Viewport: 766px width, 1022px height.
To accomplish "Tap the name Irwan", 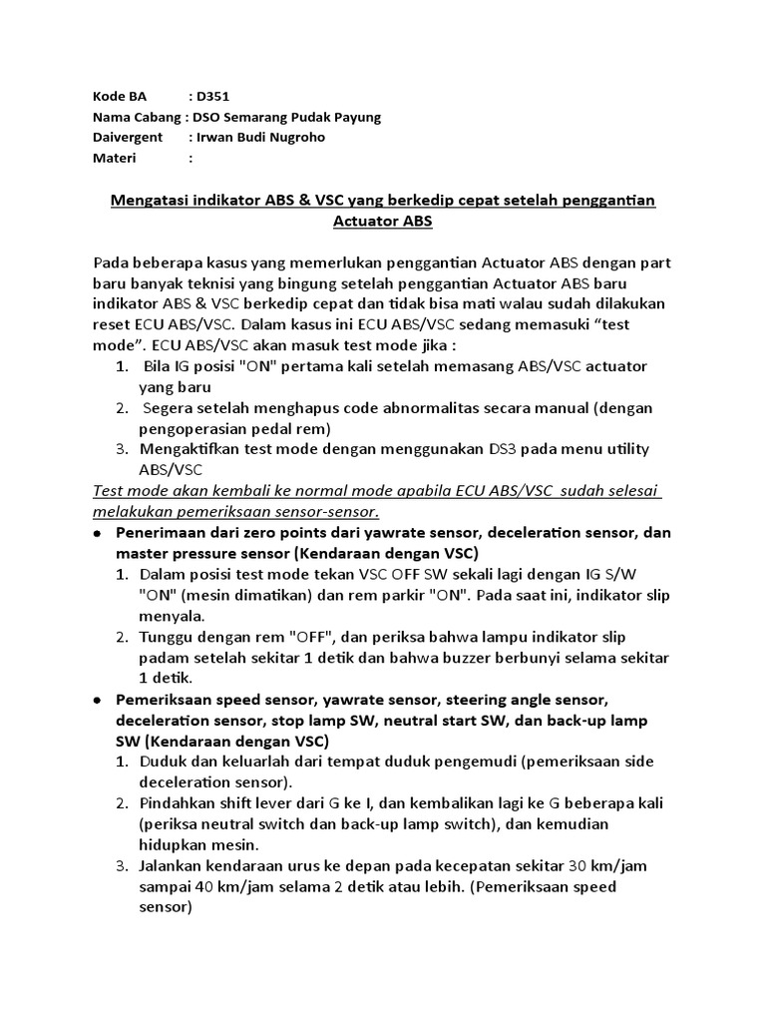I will [x=216, y=137].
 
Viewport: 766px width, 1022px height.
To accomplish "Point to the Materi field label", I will [x=115, y=158].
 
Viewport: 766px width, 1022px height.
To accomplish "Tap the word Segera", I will [x=169, y=407].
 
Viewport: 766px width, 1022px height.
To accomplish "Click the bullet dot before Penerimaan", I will [x=98, y=533].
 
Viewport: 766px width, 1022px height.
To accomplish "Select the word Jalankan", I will [x=176, y=865].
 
